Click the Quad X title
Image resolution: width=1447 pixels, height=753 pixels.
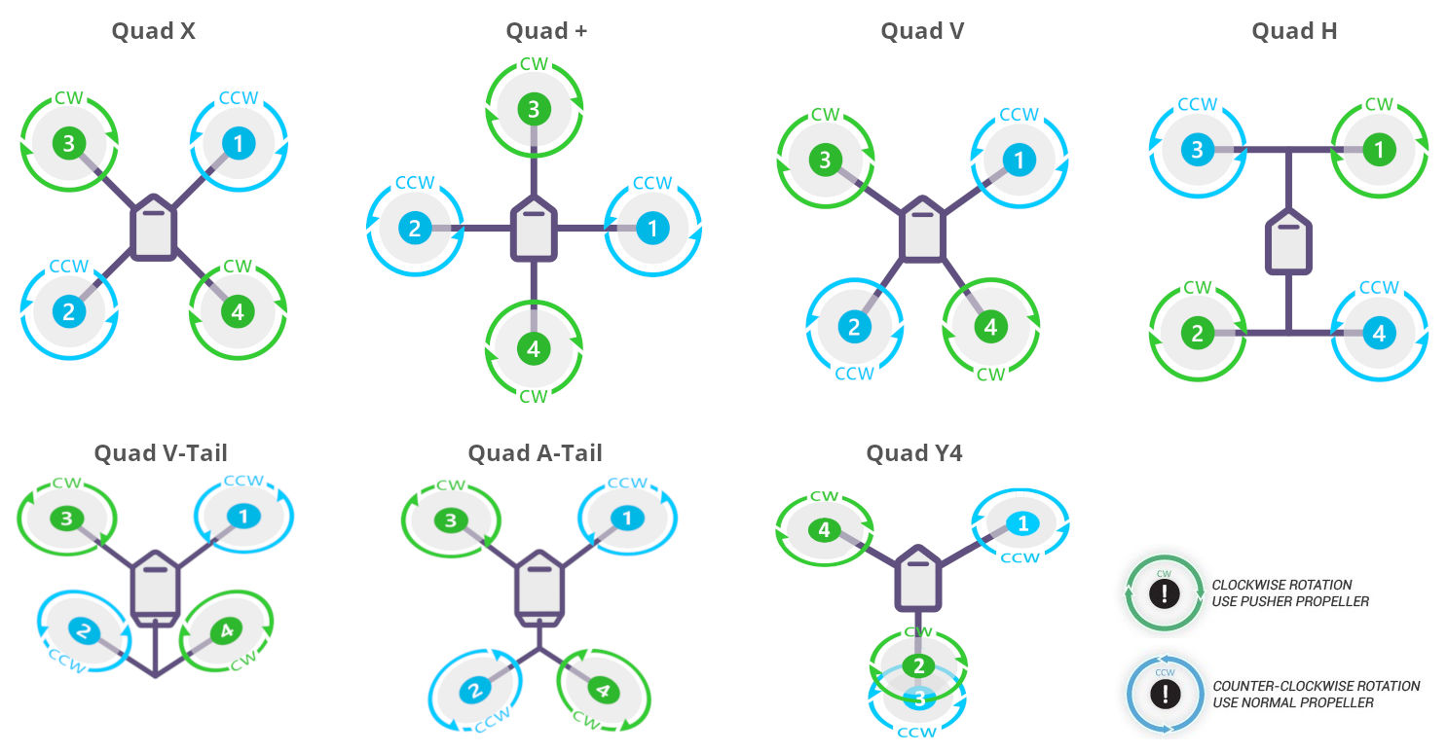click(153, 31)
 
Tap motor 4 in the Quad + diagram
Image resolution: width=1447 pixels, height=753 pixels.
click(533, 348)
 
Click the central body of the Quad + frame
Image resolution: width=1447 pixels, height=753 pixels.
click(533, 230)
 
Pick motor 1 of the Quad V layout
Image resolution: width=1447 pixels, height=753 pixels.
click(1019, 161)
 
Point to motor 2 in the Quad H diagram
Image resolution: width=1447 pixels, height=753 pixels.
click(1197, 334)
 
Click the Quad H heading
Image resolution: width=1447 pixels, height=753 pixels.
click(1294, 31)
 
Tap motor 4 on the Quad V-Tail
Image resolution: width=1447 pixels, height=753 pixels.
click(226, 631)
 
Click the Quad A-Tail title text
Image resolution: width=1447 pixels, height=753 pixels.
click(535, 452)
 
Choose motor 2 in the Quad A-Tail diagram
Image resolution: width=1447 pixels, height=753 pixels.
click(474, 692)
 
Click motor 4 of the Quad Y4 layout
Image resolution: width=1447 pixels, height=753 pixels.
click(824, 530)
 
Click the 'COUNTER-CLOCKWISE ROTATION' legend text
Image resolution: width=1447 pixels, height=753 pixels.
click(1316, 686)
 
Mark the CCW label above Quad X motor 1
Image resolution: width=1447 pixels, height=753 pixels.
click(238, 98)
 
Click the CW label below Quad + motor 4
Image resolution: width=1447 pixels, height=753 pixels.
click(533, 396)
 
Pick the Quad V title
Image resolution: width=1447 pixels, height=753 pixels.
click(922, 31)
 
